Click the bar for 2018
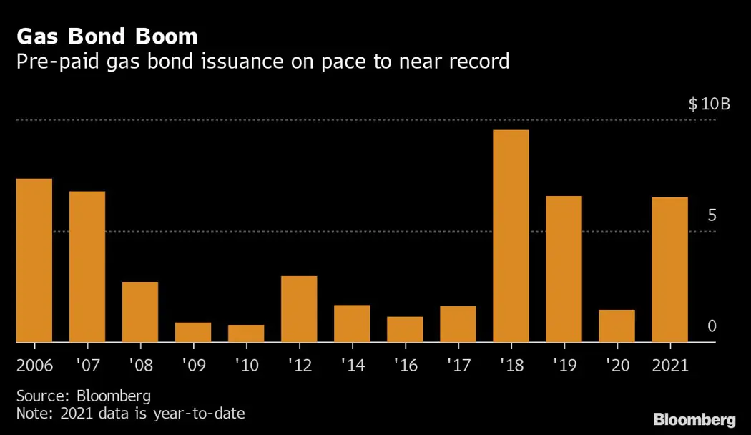(x=511, y=236)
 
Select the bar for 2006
(x=34, y=260)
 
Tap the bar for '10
(x=246, y=333)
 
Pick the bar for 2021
(x=669, y=270)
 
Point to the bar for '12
(x=299, y=309)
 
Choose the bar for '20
(x=617, y=326)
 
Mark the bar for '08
(x=140, y=312)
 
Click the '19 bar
(x=564, y=269)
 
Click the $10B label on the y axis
(x=709, y=104)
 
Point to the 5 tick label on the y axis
(x=712, y=216)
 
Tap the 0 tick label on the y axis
(x=712, y=326)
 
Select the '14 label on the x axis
(x=352, y=365)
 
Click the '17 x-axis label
(x=458, y=365)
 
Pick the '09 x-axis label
(x=193, y=365)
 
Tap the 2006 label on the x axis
(x=34, y=365)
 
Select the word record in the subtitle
(x=474, y=62)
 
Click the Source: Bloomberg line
(x=84, y=396)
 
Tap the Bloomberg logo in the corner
(x=694, y=419)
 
